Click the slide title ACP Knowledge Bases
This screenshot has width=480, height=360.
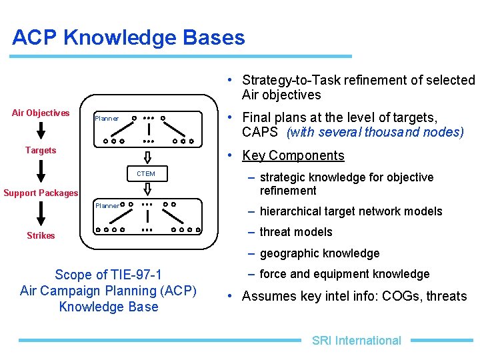point(129,37)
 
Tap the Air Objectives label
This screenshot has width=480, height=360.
point(41,113)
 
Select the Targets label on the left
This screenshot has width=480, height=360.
point(41,150)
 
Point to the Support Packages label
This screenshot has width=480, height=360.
point(41,193)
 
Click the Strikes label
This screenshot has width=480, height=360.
point(41,235)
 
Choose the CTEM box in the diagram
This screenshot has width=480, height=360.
point(146,174)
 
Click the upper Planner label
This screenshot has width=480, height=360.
point(107,119)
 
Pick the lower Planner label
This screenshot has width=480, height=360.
point(107,205)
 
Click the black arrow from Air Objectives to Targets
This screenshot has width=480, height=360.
point(41,131)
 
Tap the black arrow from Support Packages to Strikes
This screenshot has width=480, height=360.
point(41,214)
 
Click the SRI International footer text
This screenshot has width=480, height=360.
point(357,341)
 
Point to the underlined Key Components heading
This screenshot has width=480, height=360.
point(293,155)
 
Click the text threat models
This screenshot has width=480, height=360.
point(296,232)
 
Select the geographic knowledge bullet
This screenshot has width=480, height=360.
point(319,253)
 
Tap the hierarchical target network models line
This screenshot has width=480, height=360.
point(351,211)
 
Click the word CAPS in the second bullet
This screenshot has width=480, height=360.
point(260,132)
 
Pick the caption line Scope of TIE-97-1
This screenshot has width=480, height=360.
point(108,275)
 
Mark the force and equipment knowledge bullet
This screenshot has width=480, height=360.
point(344,274)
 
